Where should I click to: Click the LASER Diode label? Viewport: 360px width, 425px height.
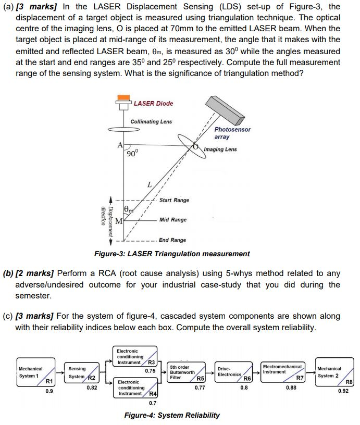pos(153,103)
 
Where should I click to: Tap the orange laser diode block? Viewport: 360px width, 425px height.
pos(123,97)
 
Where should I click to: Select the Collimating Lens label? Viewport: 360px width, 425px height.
pos(151,121)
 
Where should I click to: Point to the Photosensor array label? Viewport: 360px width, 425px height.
pos(232,133)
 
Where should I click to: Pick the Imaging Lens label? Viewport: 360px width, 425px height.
pos(220,149)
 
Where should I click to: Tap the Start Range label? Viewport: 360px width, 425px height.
pos(174,200)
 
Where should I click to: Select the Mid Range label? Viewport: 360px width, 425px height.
pos(172,220)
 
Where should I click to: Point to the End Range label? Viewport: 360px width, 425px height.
pos(172,240)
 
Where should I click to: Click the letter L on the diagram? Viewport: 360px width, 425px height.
pos(150,184)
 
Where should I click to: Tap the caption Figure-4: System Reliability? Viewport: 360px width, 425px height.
pos(171,415)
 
